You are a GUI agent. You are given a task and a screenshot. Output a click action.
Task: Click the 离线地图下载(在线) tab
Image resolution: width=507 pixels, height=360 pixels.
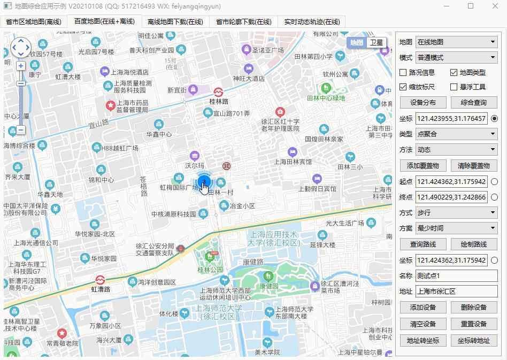coord(175,22)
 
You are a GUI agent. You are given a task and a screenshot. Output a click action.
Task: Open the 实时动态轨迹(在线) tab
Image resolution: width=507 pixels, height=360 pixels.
coord(312,22)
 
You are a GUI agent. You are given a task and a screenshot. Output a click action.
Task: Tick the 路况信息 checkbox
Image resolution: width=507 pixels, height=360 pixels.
coord(404,73)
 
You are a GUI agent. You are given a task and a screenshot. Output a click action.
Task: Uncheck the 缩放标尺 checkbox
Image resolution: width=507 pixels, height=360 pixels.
coord(404,87)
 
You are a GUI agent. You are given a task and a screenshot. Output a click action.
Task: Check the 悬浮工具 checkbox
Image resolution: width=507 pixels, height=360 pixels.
coord(454,87)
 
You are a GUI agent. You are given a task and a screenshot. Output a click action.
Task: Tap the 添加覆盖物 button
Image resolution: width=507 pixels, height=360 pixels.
coord(423,166)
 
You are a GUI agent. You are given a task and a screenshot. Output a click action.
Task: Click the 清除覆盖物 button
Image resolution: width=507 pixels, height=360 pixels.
coord(474,166)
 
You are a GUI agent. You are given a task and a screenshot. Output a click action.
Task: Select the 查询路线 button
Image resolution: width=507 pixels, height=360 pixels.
coord(423,244)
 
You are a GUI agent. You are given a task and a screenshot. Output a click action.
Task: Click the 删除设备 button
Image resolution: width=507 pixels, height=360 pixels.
coord(474,308)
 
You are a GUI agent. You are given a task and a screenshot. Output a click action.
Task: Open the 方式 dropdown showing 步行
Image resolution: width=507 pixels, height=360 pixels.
coord(456,213)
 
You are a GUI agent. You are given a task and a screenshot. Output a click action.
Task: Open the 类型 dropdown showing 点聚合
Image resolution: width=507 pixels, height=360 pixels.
coord(456,134)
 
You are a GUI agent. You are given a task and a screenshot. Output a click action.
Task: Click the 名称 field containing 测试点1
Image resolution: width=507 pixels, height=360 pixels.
coord(456,276)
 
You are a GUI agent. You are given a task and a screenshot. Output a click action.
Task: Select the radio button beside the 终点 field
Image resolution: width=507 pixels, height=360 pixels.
coord(494,197)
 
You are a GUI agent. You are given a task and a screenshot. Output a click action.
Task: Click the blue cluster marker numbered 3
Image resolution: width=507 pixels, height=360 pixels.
coord(204,182)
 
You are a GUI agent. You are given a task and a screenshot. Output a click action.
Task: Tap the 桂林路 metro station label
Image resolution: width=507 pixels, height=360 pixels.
coord(219,101)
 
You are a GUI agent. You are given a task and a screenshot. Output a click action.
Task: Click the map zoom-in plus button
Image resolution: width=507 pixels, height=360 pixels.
coord(21,66)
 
